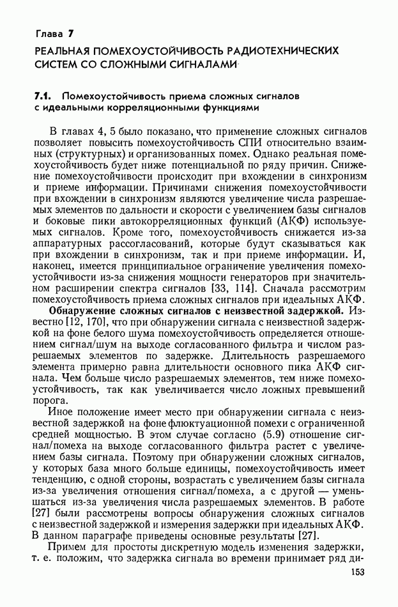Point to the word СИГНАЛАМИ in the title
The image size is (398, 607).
195,64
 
